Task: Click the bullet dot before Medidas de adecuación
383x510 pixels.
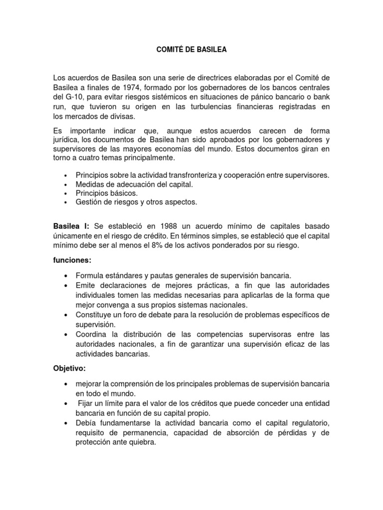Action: [x=66, y=185]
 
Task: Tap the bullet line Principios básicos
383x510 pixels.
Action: [x=106, y=193]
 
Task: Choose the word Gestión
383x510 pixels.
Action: [x=89, y=202]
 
